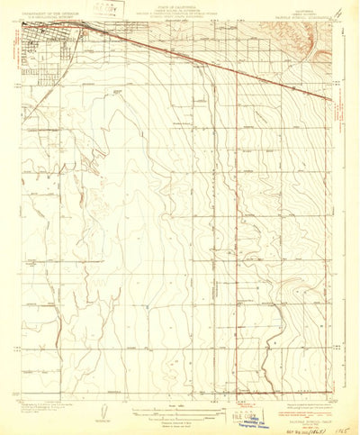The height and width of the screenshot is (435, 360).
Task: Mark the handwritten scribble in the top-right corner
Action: tap(337, 13)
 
